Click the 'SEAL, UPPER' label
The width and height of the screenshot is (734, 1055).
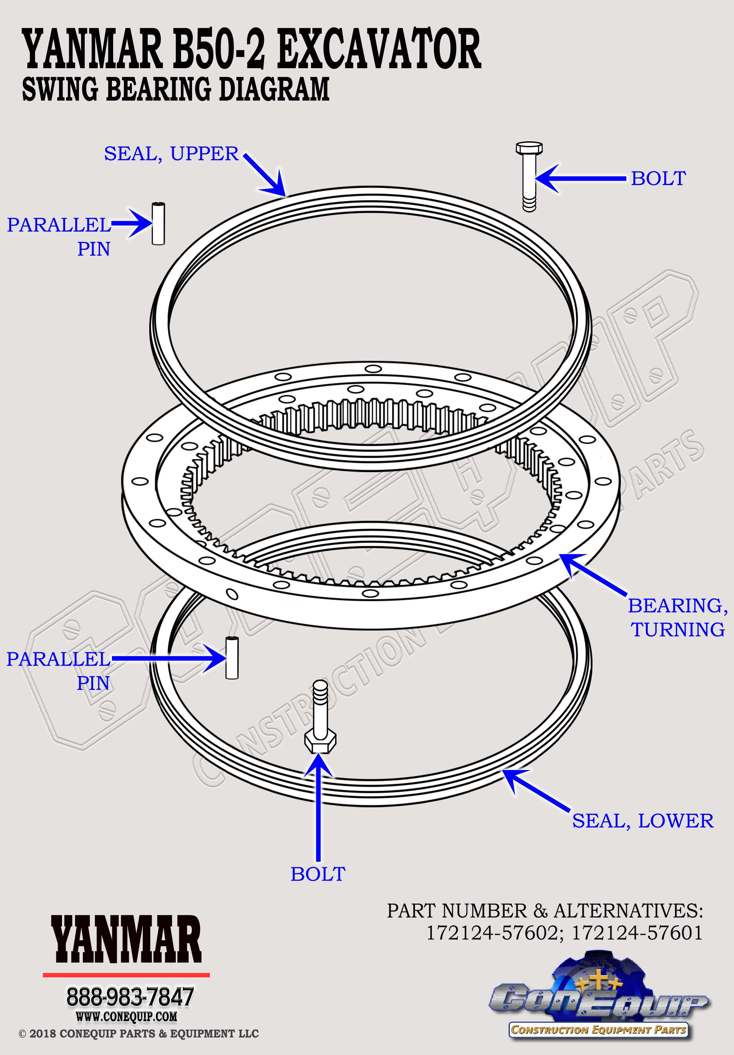pos(172,154)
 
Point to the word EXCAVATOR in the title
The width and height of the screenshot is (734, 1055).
pos(379,49)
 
